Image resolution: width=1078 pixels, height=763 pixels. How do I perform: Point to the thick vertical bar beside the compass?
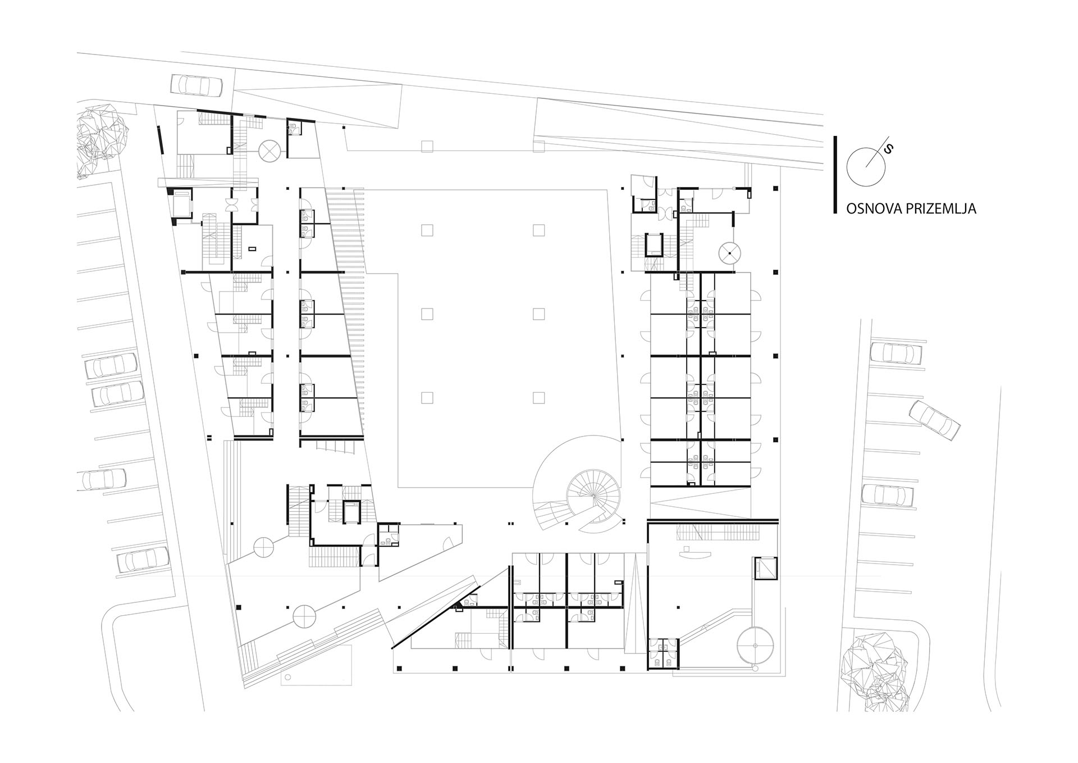pyautogui.click(x=835, y=175)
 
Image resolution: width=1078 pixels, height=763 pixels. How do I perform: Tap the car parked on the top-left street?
pyautogui.click(x=197, y=85)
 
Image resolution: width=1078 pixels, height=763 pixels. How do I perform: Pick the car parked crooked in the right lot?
pyautogui.click(x=934, y=420)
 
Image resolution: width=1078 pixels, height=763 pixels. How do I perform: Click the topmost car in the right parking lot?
pyautogui.click(x=896, y=353)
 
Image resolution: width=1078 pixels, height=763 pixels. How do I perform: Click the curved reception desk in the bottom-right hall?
pyautogui.click(x=695, y=554)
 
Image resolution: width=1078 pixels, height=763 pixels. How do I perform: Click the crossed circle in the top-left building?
pyautogui.click(x=269, y=152)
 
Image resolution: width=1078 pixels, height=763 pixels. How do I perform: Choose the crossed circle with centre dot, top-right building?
pyautogui.click(x=730, y=254)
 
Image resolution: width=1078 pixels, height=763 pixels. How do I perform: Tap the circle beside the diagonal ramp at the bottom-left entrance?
pyautogui.click(x=304, y=616)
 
